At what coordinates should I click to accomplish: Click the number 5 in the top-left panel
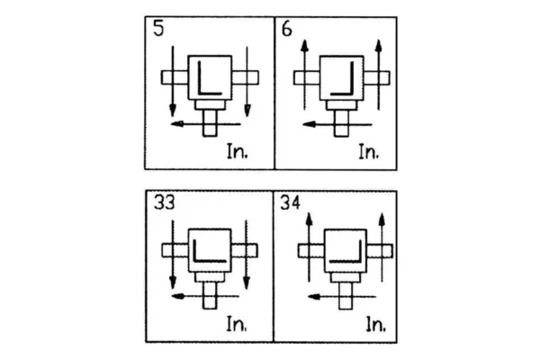click(x=158, y=29)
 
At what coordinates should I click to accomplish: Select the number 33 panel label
click(x=165, y=202)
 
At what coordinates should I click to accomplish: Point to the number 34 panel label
click(x=291, y=202)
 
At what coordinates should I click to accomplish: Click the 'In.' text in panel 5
click(x=238, y=151)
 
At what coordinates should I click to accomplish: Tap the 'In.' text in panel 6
click(x=369, y=151)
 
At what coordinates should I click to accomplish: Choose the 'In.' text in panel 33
click(x=237, y=324)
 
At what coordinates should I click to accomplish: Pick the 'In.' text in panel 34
click(x=375, y=325)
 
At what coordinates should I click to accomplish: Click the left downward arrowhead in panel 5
click(x=173, y=111)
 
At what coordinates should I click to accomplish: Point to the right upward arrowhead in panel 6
click(x=379, y=46)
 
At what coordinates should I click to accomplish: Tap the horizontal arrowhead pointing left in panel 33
click(x=177, y=296)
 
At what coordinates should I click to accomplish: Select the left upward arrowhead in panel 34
click(x=309, y=219)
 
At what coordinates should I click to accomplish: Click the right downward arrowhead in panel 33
click(x=247, y=283)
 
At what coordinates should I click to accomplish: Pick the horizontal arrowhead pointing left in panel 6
click(x=309, y=124)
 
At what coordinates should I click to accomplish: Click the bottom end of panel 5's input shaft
click(x=210, y=136)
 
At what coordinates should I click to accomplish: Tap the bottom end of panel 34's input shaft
click(x=346, y=309)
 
